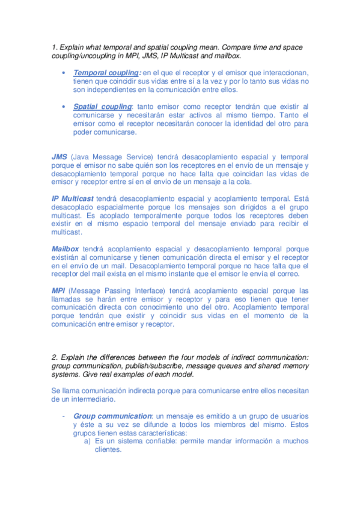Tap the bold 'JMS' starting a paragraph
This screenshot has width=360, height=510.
(x=59, y=156)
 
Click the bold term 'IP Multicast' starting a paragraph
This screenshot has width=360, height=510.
(x=72, y=198)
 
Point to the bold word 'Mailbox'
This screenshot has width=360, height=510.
(x=66, y=248)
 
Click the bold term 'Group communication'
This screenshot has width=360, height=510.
(x=112, y=416)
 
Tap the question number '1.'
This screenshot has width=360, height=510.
(x=55, y=47)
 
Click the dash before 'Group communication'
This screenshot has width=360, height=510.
(x=63, y=416)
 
